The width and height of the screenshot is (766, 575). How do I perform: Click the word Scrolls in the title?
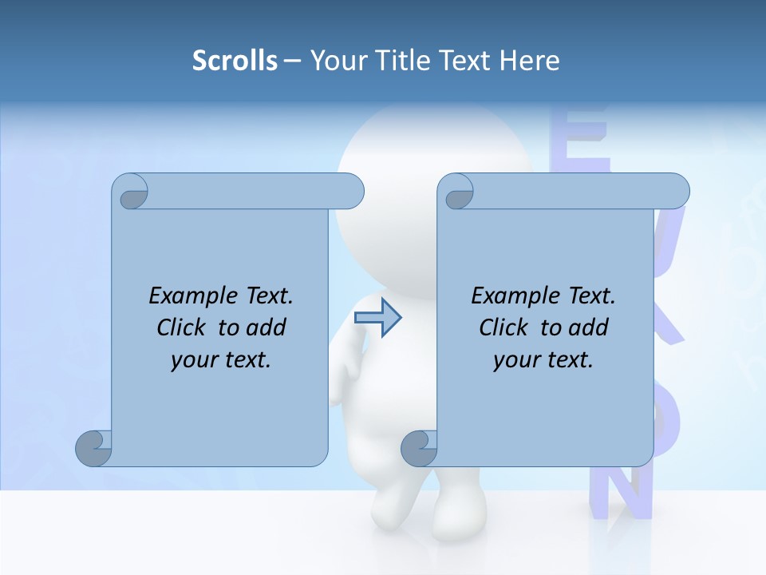point(235,60)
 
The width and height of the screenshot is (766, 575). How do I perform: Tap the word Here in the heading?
point(530,60)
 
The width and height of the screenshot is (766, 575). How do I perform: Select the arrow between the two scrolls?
point(377,318)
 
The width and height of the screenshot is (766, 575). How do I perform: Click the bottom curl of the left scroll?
point(93,448)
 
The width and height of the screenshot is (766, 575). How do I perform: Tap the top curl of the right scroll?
point(457,192)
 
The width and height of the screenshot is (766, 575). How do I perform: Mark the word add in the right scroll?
point(590,327)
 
